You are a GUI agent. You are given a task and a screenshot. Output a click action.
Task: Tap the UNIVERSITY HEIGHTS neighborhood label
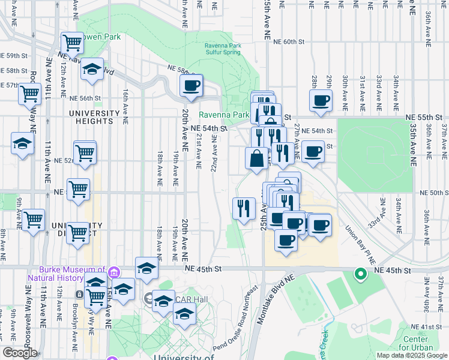[94, 118]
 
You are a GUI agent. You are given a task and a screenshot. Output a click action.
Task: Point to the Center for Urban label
[423, 344]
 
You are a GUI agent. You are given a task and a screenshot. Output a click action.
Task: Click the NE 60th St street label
[294, 42]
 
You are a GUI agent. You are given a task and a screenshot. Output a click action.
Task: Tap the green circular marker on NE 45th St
[361, 274]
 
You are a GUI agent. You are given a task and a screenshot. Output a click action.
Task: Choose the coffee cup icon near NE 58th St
[191, 86]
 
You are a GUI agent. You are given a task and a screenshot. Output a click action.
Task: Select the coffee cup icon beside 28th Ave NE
[321, 100]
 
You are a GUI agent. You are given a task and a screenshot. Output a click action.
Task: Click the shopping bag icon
[256, 158]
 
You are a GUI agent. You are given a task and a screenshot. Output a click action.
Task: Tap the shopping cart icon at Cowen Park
[72, 43]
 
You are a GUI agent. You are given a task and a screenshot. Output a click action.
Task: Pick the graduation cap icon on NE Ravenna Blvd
[92, 69]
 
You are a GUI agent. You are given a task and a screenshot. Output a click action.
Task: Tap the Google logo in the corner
[20, 353]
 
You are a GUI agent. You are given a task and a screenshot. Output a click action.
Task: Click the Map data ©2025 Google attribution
[411, 355]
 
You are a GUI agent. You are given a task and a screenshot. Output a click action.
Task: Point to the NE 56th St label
[85, 98]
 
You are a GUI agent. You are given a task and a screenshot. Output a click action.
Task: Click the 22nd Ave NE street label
[214, 153]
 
